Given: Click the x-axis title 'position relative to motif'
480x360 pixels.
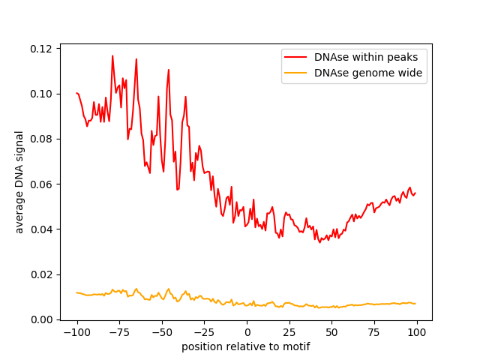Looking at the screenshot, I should tap(245, 346).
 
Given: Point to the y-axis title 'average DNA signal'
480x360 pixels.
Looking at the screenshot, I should tap(19, 181).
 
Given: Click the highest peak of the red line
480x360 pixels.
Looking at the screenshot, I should tap(112, 55).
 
